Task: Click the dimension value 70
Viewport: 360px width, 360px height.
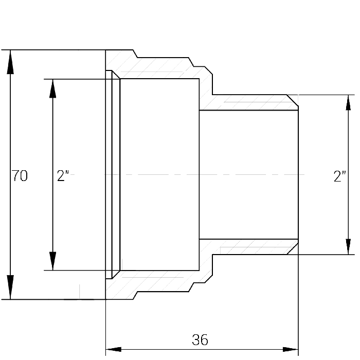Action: pos(20,176)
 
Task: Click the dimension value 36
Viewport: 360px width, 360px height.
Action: pos(200,340)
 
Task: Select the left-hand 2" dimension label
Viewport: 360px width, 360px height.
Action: pos(63,176)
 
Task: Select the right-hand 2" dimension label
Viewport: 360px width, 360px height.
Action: pos(339,176)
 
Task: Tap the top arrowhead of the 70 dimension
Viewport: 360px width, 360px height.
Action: pos(10,62)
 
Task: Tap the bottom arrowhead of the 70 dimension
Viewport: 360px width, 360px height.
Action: pos(10,287)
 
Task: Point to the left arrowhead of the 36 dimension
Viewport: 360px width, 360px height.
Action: pos(114,349)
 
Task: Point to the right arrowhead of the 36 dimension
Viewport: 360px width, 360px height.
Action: pos(291,349)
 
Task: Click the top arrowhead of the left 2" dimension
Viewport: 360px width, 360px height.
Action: pos(53,88)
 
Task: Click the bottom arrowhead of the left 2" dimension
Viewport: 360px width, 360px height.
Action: pos(53,261)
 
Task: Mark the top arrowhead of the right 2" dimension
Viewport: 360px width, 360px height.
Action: pos(348,102)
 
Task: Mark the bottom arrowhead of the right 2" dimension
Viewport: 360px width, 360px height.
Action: pos(348,247)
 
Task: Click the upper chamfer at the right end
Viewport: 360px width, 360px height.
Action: pos(293,101)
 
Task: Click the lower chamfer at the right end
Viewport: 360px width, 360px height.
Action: pos(293,248)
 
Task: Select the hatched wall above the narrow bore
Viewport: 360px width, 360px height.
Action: pos(248,102)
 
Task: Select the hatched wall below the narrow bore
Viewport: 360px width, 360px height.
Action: pos(248,247)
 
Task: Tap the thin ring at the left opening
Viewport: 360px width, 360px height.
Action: pos(109,174)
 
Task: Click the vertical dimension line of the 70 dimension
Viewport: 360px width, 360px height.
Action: pos(10,174)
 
